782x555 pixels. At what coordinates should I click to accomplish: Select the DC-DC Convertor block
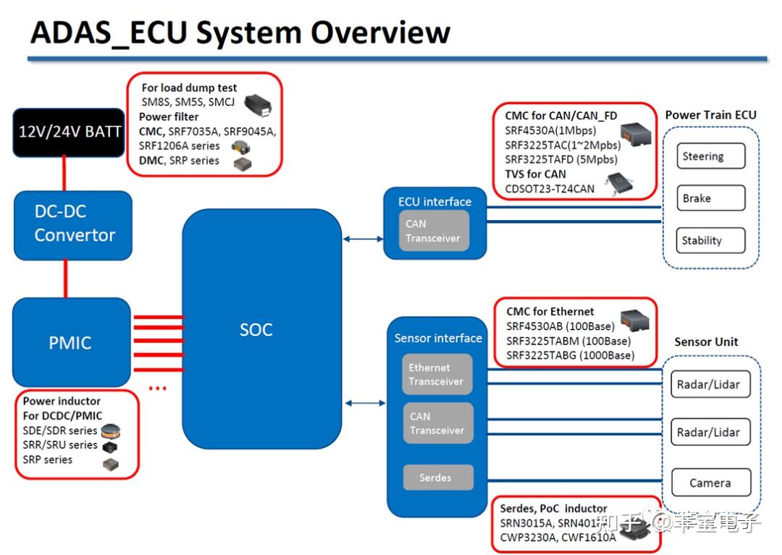coord(73,224)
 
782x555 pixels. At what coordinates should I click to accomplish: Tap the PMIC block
coord(71,342)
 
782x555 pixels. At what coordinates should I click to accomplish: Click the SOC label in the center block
coord(256,330)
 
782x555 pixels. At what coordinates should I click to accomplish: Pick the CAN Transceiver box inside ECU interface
coord(434,231)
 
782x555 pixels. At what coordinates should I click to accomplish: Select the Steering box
coord(702,156)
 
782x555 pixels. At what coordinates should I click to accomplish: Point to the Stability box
coord(702,240)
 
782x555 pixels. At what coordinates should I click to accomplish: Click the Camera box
coord(710,483)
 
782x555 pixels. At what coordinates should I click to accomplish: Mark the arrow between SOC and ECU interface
coord(363,239)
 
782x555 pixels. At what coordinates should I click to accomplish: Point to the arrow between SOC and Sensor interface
coord(366,403)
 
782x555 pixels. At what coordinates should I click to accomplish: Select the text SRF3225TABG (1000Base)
coord(570,355)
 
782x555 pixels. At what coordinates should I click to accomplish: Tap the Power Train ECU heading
coord(710,114)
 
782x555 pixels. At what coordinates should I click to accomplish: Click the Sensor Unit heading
coord(706,342)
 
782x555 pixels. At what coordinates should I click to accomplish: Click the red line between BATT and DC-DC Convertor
coord(66,174)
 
